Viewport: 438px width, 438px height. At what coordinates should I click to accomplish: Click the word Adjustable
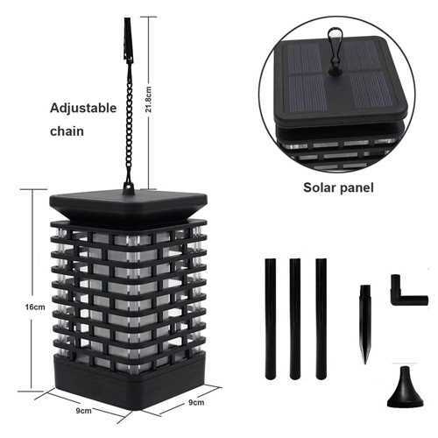pos(83,109)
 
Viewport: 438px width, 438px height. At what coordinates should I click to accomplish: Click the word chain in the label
pos(67,131)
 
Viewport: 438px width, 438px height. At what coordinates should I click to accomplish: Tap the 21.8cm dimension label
pos(149,100)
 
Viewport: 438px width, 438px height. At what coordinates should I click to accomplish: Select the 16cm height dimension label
pos(35,307)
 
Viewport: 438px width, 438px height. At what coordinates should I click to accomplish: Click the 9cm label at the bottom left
pos(83,411)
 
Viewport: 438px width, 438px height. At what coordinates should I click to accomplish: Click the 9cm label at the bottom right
pos(196,402)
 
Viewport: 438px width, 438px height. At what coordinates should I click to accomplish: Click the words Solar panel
pos(338,187)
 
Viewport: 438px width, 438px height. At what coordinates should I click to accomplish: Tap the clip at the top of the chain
pos(128,40)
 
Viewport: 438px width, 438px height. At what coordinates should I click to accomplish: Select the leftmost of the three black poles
pos(271,319)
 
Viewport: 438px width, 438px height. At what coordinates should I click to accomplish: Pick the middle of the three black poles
pos(295,319)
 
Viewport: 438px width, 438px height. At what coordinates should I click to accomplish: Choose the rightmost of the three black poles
pos(321,319)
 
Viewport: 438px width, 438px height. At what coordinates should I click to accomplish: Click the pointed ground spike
pos(365,324)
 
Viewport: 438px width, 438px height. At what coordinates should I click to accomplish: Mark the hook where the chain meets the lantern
pos(128,187)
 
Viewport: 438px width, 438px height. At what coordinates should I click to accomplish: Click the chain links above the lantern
pos(129,122)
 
